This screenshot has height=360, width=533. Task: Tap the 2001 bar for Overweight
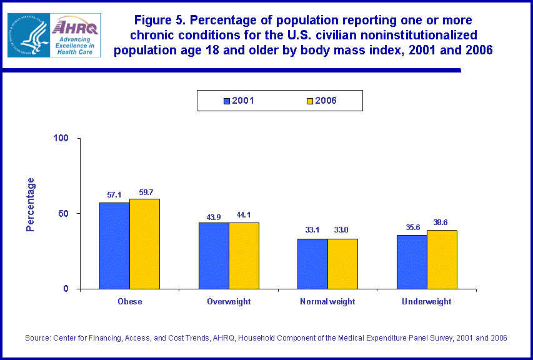tap(214, 256)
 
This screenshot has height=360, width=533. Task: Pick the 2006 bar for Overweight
tap(244, 256)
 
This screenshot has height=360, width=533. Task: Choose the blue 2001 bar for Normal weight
tap(312, 264)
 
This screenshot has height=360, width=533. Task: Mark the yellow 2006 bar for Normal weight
tap(342, 264)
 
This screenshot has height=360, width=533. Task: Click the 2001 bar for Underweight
tap(412, 262)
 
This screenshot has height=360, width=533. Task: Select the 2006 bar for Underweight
tap(442, 259)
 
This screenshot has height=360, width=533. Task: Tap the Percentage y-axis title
tap(30, 204)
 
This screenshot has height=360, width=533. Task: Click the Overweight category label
tap(229, 301)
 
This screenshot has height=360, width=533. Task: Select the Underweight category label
tap(427, 301)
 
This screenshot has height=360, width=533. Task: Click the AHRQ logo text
tap(74, 26)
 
